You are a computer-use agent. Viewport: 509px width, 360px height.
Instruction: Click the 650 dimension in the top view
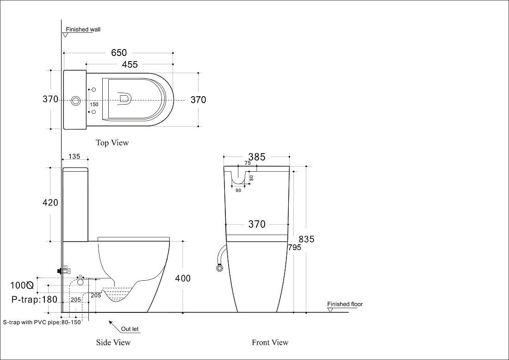coord(119,53)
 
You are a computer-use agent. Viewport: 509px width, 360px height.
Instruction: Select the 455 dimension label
coord(130,65)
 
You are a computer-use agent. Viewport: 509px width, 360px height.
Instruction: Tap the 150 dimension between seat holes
coord(94,105)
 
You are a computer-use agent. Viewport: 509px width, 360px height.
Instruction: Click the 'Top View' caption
coord(112,143)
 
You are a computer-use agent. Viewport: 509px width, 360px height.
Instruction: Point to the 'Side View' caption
coord(113,342)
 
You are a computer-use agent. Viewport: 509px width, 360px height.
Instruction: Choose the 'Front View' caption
coord(270,342)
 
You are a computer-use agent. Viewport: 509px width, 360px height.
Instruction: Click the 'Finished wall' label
coord(83,30)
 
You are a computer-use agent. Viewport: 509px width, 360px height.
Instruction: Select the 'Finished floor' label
coord(345,304)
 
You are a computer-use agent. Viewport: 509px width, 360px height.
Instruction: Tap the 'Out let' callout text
coord(130,329)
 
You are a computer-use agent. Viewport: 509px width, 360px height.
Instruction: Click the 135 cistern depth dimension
coord(74,156)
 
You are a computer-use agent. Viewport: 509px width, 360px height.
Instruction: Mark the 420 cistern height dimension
coord(50,203)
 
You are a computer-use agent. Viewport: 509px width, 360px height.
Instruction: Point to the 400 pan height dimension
coord(183,278)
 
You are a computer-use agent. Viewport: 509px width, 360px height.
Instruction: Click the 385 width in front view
coord(257,157)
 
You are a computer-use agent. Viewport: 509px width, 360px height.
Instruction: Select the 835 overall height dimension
coord(306,239)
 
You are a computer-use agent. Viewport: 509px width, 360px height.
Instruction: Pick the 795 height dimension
coord(295,248)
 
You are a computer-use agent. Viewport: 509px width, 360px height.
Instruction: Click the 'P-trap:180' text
coord(34,299)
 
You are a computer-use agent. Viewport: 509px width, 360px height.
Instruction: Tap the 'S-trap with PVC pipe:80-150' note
coord(42,323)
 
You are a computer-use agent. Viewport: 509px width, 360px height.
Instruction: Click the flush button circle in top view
coord(76,100)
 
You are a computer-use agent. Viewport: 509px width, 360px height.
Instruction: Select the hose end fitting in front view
coord(220,268)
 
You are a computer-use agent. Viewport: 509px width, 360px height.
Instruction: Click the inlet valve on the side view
coord(65,270)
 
